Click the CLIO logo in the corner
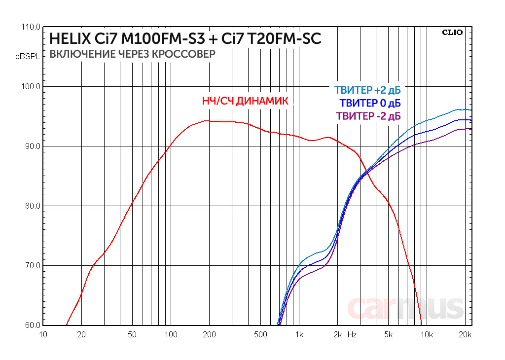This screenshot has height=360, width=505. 452,33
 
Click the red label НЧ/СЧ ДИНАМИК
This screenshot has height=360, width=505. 245,101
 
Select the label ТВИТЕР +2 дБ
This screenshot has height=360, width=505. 367,91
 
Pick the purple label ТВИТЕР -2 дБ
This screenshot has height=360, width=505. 368,116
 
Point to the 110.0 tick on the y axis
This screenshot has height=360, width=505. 31,27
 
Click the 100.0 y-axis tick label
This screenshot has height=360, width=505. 31,87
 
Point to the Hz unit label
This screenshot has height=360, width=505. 352,335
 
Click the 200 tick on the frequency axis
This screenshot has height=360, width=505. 209,335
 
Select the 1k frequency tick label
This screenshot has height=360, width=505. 299,335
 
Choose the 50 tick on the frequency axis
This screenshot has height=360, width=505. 132,335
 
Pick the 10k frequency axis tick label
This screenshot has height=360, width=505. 427,335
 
